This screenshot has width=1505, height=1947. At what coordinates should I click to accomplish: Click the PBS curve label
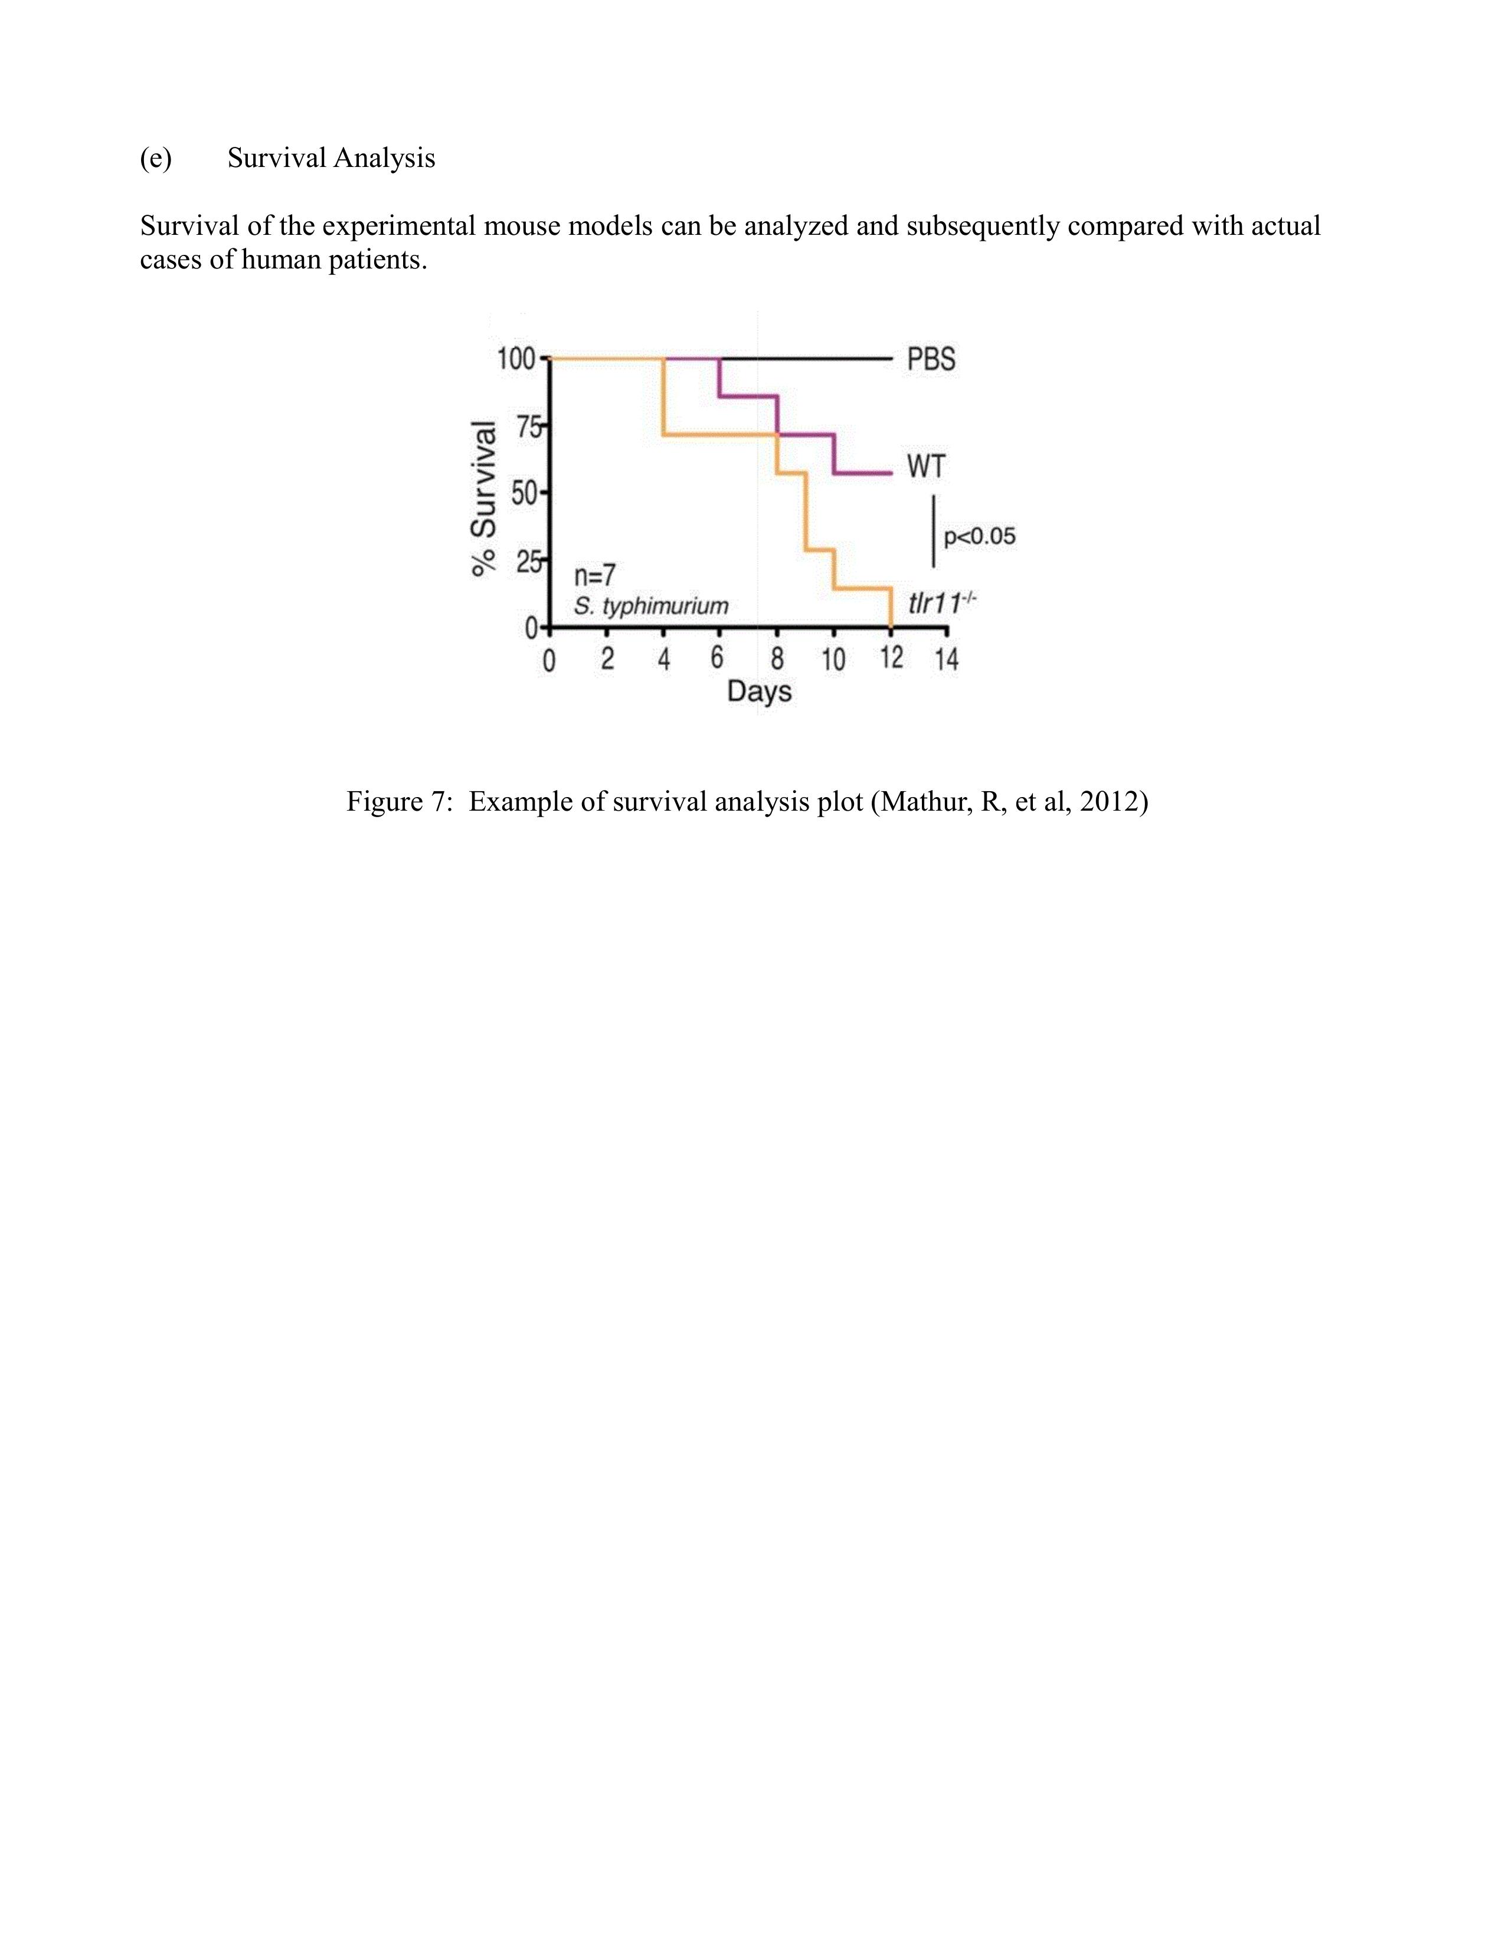[931, 359]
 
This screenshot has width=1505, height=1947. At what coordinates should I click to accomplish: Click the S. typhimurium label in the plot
[651, 606]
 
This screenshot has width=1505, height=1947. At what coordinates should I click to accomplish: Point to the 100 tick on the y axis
[515, 359]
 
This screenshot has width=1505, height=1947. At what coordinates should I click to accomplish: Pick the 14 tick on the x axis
[946, 660]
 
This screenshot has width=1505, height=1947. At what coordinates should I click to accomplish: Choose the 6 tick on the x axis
[718, 659]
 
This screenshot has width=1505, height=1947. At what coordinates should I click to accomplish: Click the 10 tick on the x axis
[833, 660]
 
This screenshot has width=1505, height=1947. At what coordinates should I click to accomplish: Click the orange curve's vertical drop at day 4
[663, 396]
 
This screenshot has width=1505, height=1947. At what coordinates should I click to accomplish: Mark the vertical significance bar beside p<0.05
[934, 532]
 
